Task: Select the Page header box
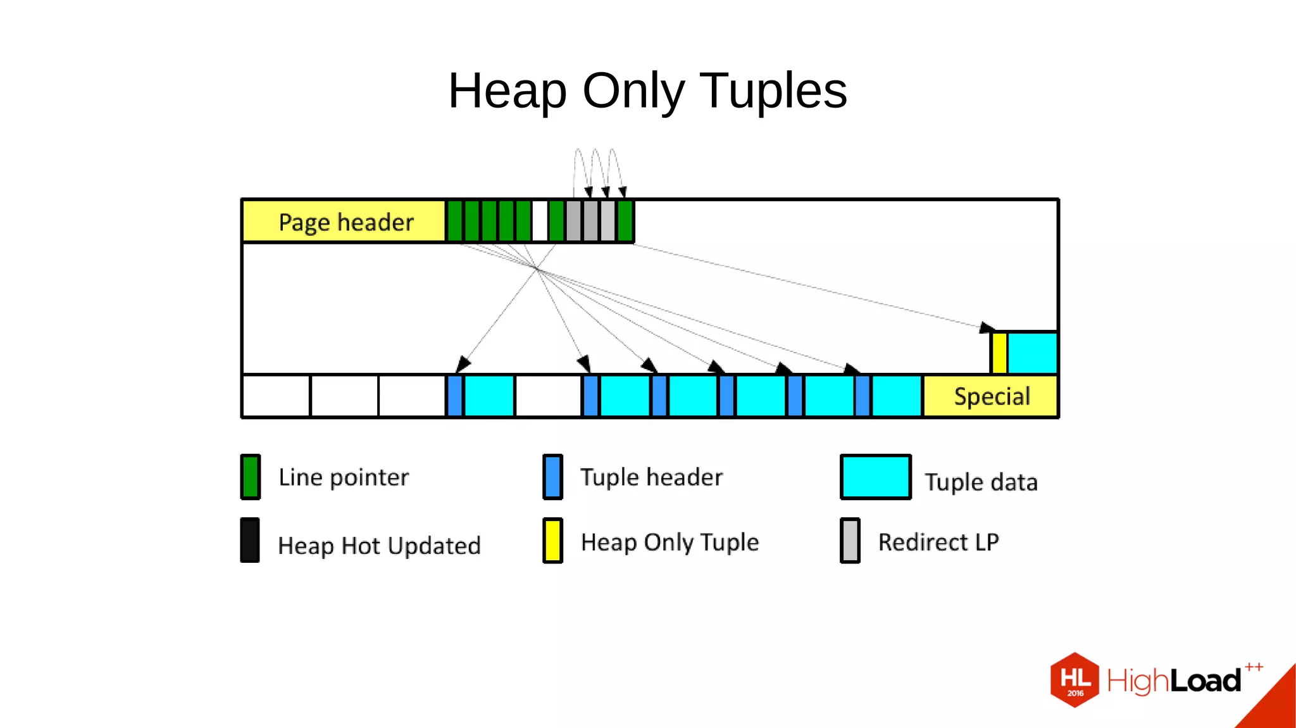(x=345, y=222)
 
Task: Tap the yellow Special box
(x=991, y=396)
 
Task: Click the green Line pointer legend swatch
(x=251, y=477)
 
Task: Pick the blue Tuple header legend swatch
(x=552, y=477)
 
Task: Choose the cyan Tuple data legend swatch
(x=875, y=477)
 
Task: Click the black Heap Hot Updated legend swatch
(x=250, y=540)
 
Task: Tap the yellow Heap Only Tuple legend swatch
(x=552, y=541)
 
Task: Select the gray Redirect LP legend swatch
(x=850, y=541)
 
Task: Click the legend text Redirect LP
(x=938, y=543)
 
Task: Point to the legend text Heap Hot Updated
(x=379, y=546)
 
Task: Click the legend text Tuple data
(x=981, y=482)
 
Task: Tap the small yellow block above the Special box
(x=999, y=353)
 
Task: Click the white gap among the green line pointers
(x=540, y=221)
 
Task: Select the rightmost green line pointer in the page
(x=625, y=221)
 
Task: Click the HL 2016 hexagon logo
(x=1075, y=680)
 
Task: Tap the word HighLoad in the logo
(x=1174, y=681)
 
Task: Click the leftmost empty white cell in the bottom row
(x=277, y=396)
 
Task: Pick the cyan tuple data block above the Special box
(x=1032, y=353)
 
